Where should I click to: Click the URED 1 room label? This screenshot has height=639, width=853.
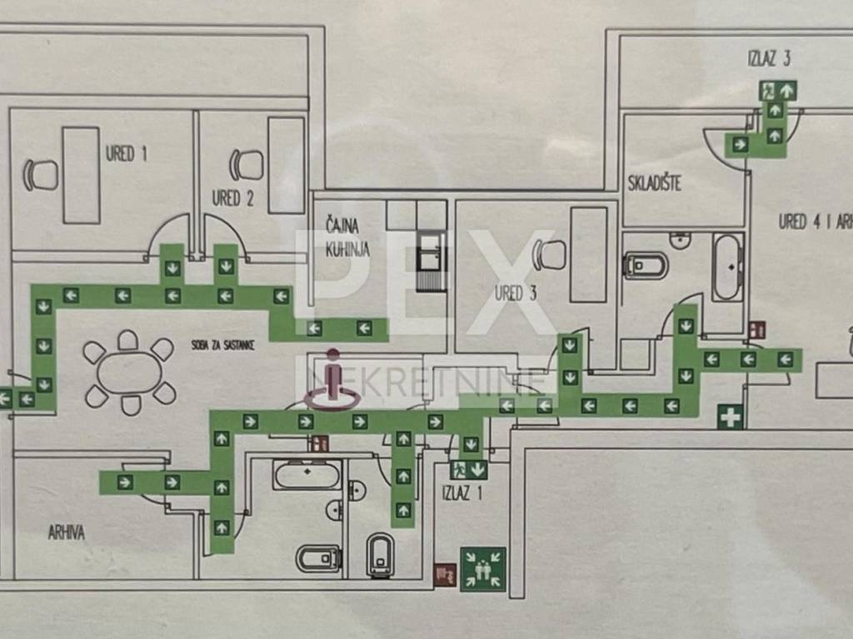(127, 154)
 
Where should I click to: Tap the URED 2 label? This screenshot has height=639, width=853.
(233, 198)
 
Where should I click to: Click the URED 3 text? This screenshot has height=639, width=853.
(516, 294)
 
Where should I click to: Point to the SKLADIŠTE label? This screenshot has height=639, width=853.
(655, 182)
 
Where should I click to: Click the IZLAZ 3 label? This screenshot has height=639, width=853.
(769, 59)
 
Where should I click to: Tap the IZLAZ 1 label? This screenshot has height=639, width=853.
(462, 493)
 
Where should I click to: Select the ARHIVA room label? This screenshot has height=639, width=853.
(67, 532)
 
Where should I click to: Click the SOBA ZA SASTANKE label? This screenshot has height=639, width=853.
(223, 345)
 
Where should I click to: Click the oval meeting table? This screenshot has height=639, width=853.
(130, 373)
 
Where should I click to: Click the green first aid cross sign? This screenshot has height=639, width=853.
(730, 418)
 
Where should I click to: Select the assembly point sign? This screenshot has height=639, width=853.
(483, 569)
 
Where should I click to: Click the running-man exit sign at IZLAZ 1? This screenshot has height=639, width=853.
(459, 469)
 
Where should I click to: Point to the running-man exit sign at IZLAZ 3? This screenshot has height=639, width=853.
(769, 91)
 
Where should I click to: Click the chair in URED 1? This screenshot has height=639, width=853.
(41, 175)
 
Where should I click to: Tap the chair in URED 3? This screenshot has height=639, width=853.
(550, 255)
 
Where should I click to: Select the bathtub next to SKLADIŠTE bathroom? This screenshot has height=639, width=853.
(728, 267)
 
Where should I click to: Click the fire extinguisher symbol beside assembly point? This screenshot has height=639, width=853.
(445, 575)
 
